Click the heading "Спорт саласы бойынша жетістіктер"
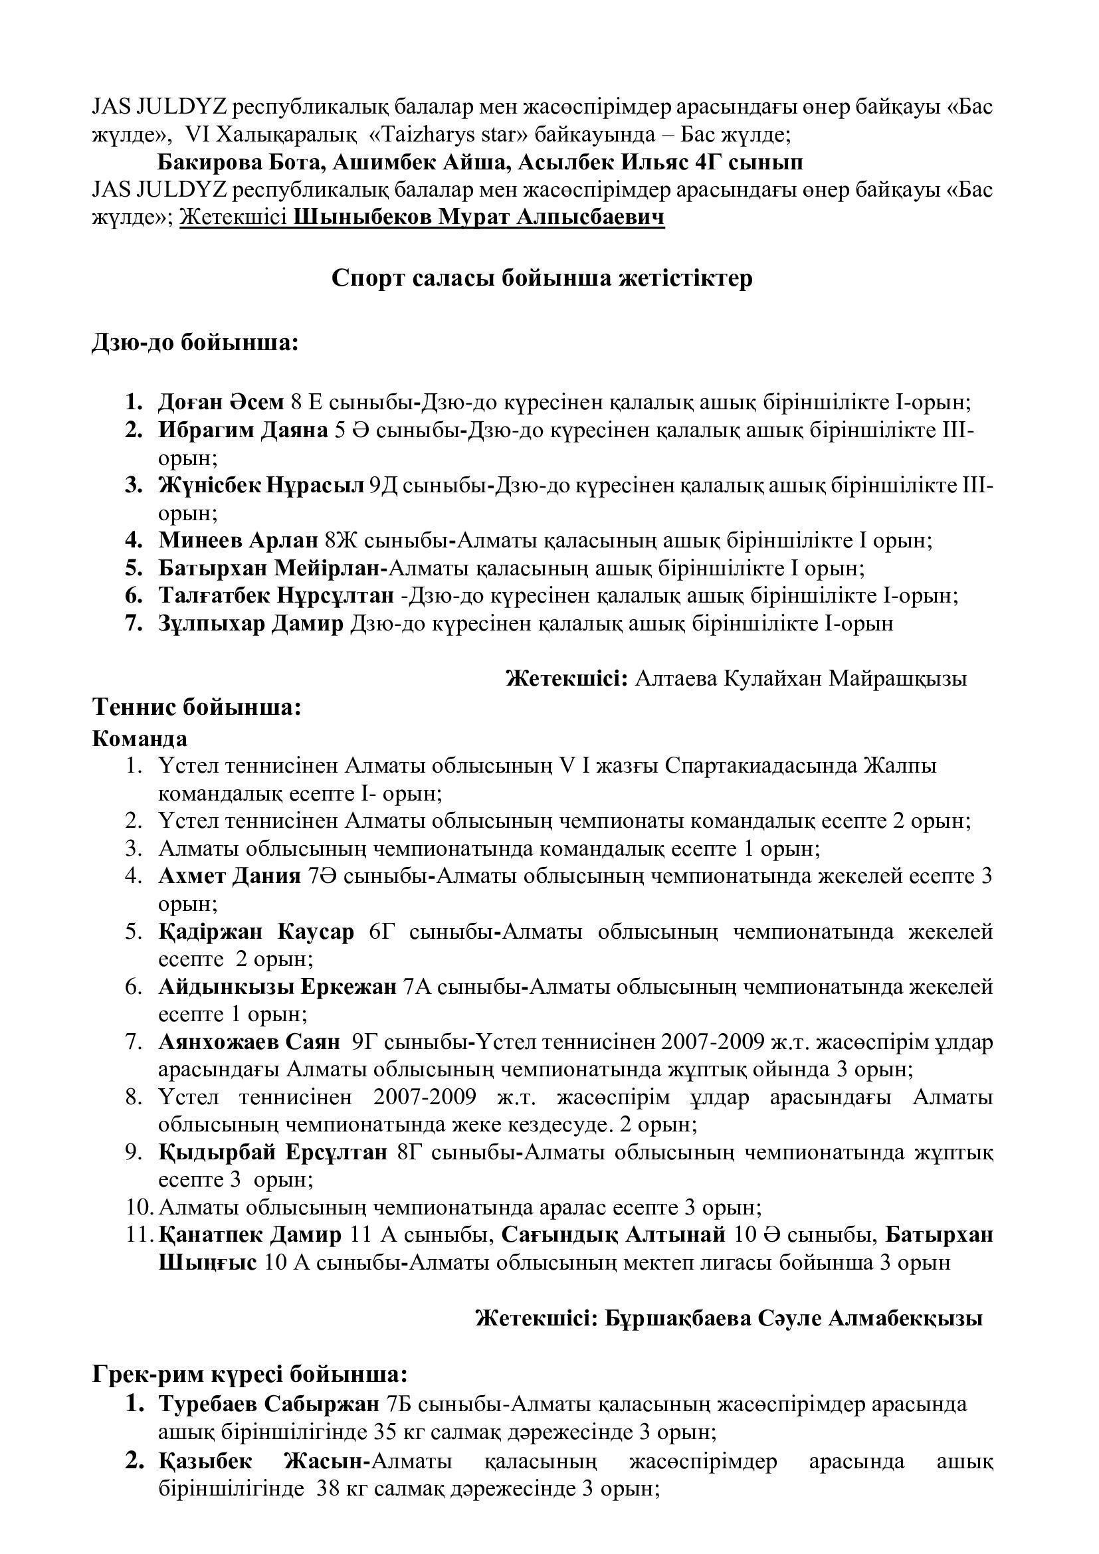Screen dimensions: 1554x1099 [x=542, y=280]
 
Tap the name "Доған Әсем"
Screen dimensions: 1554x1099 [x=221, y=403]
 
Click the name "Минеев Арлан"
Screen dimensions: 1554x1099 [x=239, y=541]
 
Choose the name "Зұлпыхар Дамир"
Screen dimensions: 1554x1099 [x=251, y=623]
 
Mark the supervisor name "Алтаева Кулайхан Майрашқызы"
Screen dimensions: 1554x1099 [x=801, y=679]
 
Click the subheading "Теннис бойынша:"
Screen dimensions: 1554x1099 [x=196, y=708]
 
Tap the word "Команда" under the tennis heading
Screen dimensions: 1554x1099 [x=140, y=737]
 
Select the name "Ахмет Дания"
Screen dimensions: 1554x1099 [x=229, y=876]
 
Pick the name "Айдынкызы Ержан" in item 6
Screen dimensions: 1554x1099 [x=278, y=987]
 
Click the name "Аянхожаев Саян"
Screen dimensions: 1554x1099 [x=249, y=1042]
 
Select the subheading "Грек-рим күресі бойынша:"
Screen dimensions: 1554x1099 [x=250, y=1376]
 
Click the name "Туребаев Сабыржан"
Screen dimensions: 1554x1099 [x=268, y=1405]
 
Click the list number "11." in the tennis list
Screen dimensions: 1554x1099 [x=141, y=1235]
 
